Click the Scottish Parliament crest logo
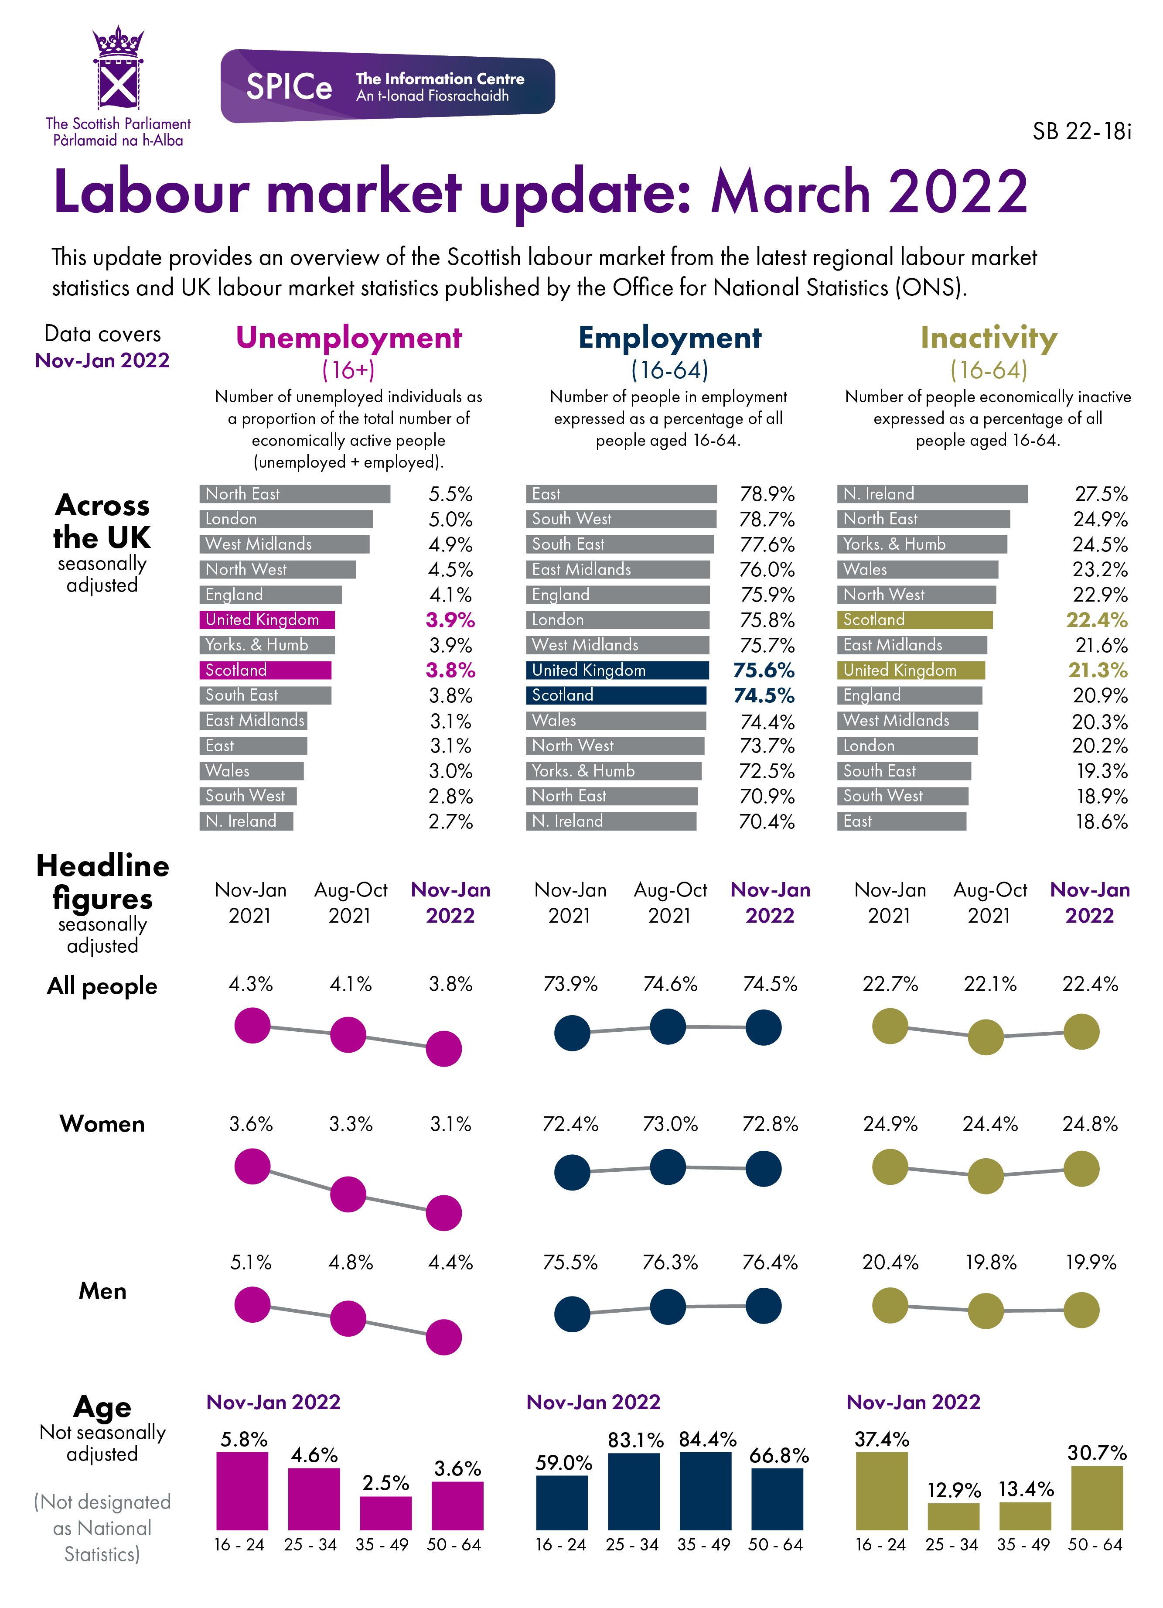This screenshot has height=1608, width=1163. click(118, 69)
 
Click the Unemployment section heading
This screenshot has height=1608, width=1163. click(349, 338)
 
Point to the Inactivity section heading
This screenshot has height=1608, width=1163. click(988, 338)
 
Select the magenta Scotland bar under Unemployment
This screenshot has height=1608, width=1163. click(265, 670)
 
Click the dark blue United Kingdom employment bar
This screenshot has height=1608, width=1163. click(617, 670)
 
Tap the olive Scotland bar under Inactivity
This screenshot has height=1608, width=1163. click(914, 619)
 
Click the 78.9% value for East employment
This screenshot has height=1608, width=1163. click(767, 494)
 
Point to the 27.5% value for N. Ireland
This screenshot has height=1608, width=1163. click(1100, 494)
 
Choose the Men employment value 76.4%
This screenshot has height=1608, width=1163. click(770, 1263)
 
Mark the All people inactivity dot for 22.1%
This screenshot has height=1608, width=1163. click(986, 1037)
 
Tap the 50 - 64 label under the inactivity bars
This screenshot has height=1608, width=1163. click(1095, 1545)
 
